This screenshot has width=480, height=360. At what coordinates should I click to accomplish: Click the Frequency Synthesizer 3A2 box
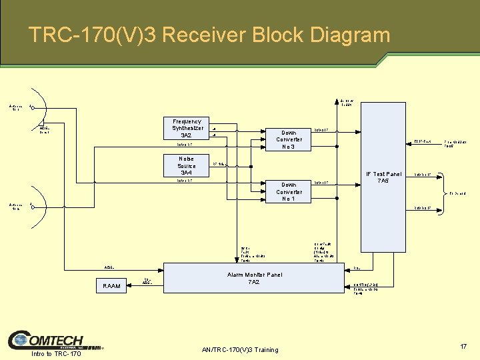click(187, 128)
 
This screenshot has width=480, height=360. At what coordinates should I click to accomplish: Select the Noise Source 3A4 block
click(187, 166)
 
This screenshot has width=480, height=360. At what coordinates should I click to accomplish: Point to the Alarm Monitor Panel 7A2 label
click(253, 278)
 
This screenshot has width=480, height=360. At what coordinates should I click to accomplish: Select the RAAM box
click(111, 286)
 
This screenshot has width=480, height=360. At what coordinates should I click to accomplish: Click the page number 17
click(463, 347)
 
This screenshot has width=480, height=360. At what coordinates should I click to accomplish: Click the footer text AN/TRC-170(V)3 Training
click(239, 350)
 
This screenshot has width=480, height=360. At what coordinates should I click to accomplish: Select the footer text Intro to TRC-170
click(56, 353)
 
